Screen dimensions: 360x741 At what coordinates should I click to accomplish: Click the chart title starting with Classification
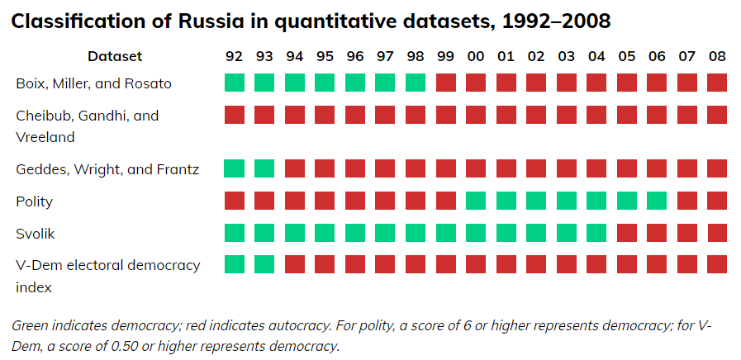(311, 21)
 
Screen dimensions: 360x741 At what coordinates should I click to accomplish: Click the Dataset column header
(115, 56)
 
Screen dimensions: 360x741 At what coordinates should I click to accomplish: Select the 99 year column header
(446, 56)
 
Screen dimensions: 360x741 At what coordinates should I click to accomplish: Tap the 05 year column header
(627, 56)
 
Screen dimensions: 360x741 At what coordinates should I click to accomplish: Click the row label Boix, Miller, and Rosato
(94, 83)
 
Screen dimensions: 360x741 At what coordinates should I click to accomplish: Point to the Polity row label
(35, 201)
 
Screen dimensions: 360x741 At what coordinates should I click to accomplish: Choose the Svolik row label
(36, 233)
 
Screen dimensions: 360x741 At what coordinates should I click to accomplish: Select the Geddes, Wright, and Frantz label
(108, 169)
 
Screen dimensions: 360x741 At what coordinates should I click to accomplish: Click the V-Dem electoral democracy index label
(108, 276)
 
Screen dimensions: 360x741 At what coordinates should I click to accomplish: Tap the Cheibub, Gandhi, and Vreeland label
(87, 126)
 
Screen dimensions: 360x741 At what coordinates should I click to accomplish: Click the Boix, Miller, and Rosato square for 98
(416, 83)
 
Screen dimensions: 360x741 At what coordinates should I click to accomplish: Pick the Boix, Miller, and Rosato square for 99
(446, 83)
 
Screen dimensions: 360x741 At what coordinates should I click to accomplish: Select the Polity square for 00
(476, 201)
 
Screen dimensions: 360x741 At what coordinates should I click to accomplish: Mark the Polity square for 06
(657, 201)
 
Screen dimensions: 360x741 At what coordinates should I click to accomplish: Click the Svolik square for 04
(596, 233)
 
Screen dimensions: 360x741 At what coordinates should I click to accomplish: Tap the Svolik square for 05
(627, 233)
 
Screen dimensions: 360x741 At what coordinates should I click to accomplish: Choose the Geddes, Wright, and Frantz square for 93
(264, 169)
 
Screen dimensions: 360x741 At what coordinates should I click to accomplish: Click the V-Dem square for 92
(235, 264)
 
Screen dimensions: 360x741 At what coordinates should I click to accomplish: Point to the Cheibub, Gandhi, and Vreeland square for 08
(717, 115)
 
